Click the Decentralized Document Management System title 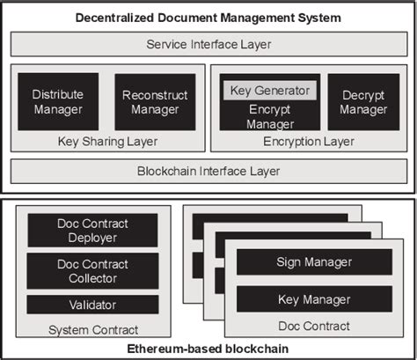coord(208,18)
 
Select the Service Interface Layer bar coord(208,45)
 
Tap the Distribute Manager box coord(57,101)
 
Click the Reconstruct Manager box coord(150,101)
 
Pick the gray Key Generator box coord(269,90)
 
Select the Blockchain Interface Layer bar coord(208,171)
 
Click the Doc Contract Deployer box coord(92,230)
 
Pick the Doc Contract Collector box coord(92,270)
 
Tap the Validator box coord(92,305)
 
